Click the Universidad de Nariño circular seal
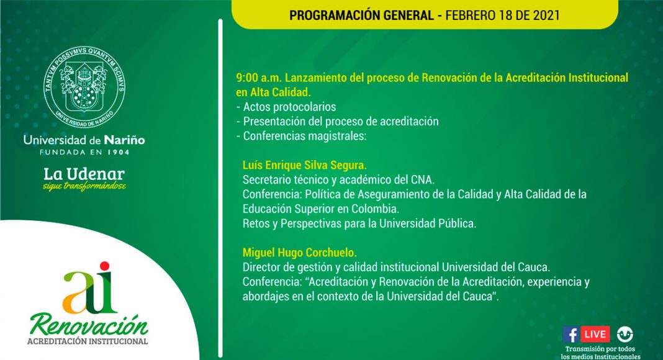point(84,87)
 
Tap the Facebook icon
point(571,334)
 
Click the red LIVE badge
point(595,334)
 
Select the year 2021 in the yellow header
point(546,16)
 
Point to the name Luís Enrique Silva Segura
point(304,164)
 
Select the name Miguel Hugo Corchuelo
point(299,252)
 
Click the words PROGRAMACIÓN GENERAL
point(361,16)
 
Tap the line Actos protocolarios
point(286,107)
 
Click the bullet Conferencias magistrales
point(301,136)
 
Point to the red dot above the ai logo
point(104,266)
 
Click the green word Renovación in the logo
point(89,325)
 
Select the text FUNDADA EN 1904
point(84,152)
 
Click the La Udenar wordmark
point(84,174)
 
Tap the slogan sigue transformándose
point(84,186)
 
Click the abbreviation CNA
point(422,179)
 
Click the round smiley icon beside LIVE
point(625,334)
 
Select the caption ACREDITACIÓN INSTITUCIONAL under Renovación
point(88,341)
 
